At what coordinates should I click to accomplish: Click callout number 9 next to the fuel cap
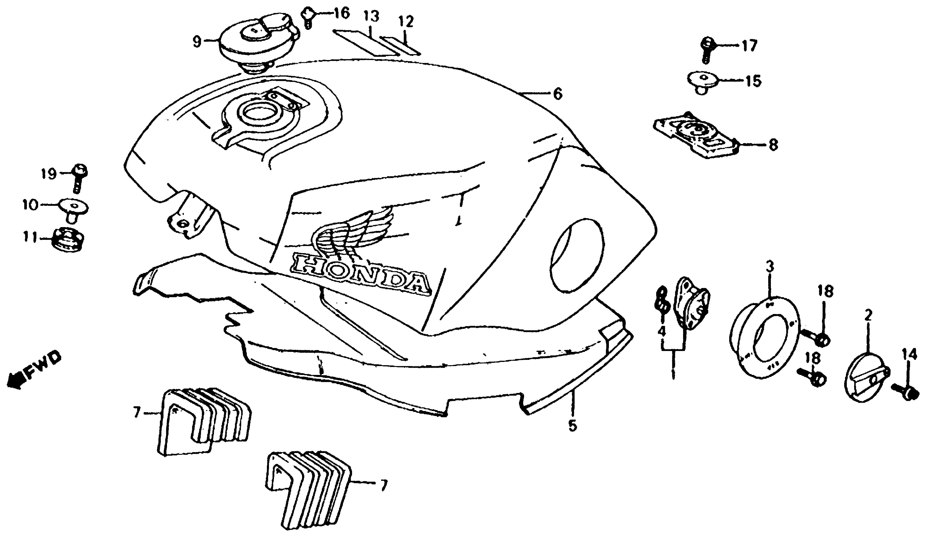tap(198, 41)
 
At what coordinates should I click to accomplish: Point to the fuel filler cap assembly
tap(258, 42)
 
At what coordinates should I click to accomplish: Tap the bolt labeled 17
tap(707, 50)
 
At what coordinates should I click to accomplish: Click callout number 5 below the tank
tap(572, 426)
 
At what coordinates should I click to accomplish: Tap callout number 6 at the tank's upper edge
tap(558, 94)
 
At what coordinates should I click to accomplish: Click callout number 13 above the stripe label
tap(372, 17)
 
